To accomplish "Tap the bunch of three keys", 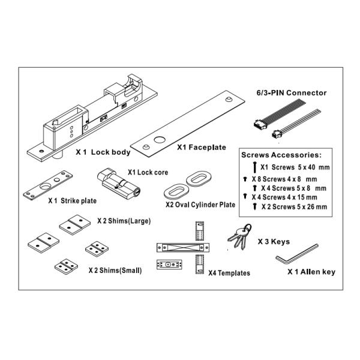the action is (239, 237).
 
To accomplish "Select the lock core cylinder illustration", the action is (119, 184).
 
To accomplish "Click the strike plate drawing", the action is (48, 185).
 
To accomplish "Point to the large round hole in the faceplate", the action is (160, 140).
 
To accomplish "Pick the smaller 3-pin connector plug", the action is (277, 134).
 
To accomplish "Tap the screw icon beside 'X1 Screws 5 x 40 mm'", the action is (254, 167).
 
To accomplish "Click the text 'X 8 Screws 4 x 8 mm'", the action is (284, 179).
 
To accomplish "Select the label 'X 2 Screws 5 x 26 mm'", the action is (294, 206).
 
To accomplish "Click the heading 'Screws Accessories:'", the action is (281, 155).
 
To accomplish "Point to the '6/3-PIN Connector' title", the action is (292, 93).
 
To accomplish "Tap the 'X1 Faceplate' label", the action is (202, 147).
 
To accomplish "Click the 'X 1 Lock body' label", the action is (103, 152).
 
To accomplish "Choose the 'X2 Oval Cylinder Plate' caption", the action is (200, 205).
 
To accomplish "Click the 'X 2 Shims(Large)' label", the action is (124, 221).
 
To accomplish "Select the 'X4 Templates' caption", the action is (229, 273).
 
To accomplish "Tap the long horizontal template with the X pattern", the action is (183, 247).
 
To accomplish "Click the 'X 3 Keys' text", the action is (274, 242).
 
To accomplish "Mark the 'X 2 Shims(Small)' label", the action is (115, 270).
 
